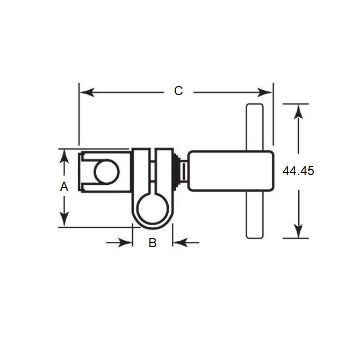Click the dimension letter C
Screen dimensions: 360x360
point(178,91)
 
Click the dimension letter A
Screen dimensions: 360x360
point(64,186)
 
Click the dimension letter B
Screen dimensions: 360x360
point(153,243)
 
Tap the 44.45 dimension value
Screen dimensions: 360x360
point(298,171)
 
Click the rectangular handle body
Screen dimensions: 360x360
point(231,171)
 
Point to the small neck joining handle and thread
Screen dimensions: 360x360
point(184,171)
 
